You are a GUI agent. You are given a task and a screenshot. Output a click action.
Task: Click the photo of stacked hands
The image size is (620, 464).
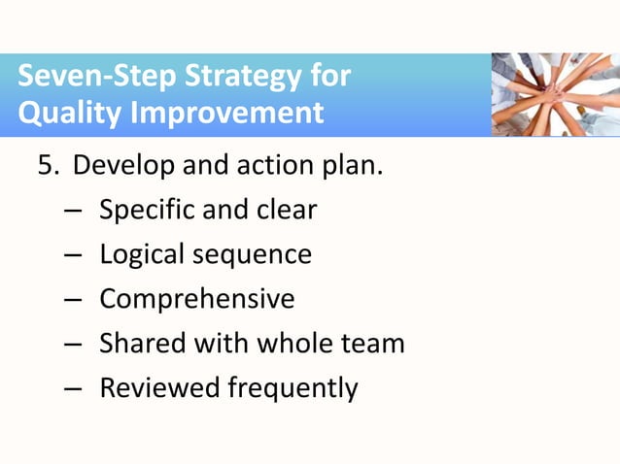(555, 94)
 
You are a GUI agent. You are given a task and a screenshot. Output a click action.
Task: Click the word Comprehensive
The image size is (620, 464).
(196, 299)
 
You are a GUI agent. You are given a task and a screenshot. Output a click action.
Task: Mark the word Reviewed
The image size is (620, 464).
(159, 388)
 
